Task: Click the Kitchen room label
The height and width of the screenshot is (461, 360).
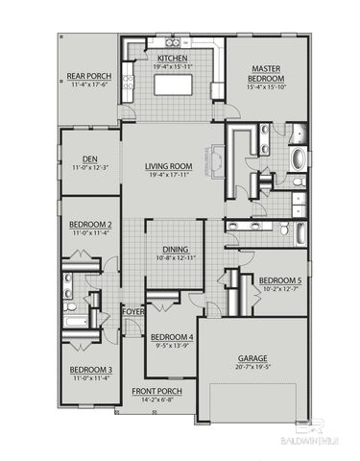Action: (x=173, y=58)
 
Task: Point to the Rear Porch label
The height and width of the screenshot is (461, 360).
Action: (x=88, y=74)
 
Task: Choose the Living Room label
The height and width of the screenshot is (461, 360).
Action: (x=169, y=166)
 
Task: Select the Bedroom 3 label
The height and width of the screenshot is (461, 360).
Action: (x=89, y=370)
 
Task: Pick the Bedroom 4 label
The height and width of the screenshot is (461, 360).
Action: (x=173, y=337)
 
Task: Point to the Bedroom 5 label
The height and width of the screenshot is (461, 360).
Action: (x=280, y=280)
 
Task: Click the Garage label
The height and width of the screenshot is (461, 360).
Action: (x=252, y=358)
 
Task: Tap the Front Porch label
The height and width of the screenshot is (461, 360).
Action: (x=157, y=390)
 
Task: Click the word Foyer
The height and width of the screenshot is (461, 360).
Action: (x=132, y=311)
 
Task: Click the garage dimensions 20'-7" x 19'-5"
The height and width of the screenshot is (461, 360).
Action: (x=252, y=367)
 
